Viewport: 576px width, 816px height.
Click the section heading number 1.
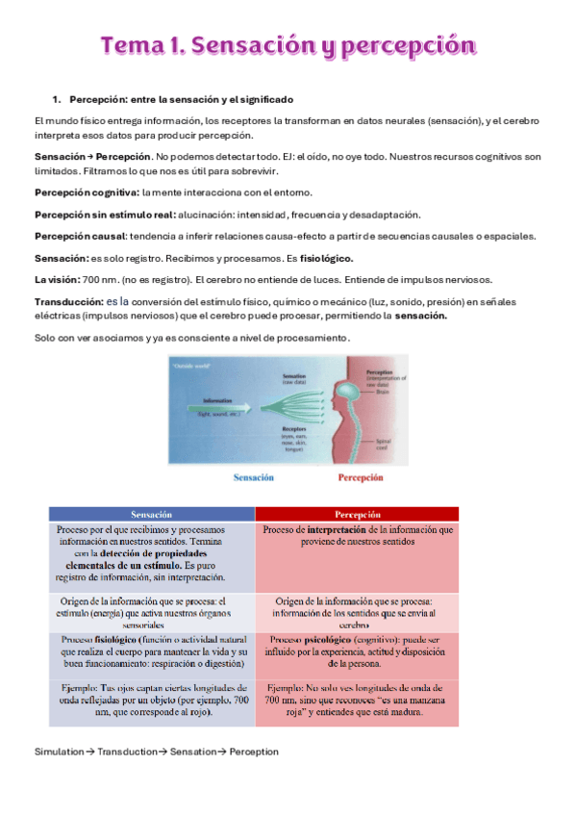pyautogui.click(x=56, y=99)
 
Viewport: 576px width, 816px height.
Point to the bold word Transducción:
pyautogui.click(x=68, y=301)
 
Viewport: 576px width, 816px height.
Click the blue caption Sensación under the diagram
pyautogui.click(x=254, y=477)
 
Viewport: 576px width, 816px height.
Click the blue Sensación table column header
pyautogui.click(x=151, y=514)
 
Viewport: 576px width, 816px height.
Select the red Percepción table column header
pyautogui.click(x=357, y=514)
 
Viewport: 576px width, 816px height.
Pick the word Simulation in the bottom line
pyautogui.click(x=59, y=752)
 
